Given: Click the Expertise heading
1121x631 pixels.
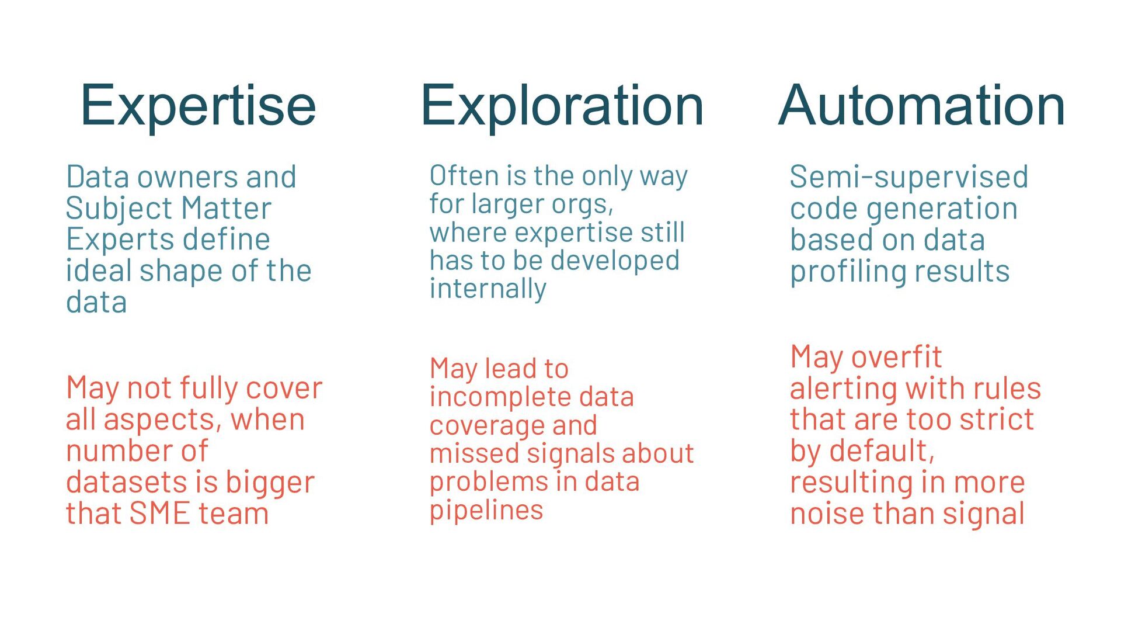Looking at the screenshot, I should tap(198, 106).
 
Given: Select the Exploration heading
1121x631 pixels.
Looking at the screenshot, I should tap(562, 106).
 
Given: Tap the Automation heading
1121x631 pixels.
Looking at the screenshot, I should tap(921, 106).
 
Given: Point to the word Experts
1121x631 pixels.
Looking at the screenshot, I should tap(103, 240).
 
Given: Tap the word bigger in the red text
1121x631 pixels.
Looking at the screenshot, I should tap(270, 483).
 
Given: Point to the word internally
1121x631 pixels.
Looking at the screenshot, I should tap(488, 289).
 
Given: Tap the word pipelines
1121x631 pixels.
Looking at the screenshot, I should tap(486, 510).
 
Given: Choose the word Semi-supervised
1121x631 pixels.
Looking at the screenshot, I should tap(908, 177).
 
